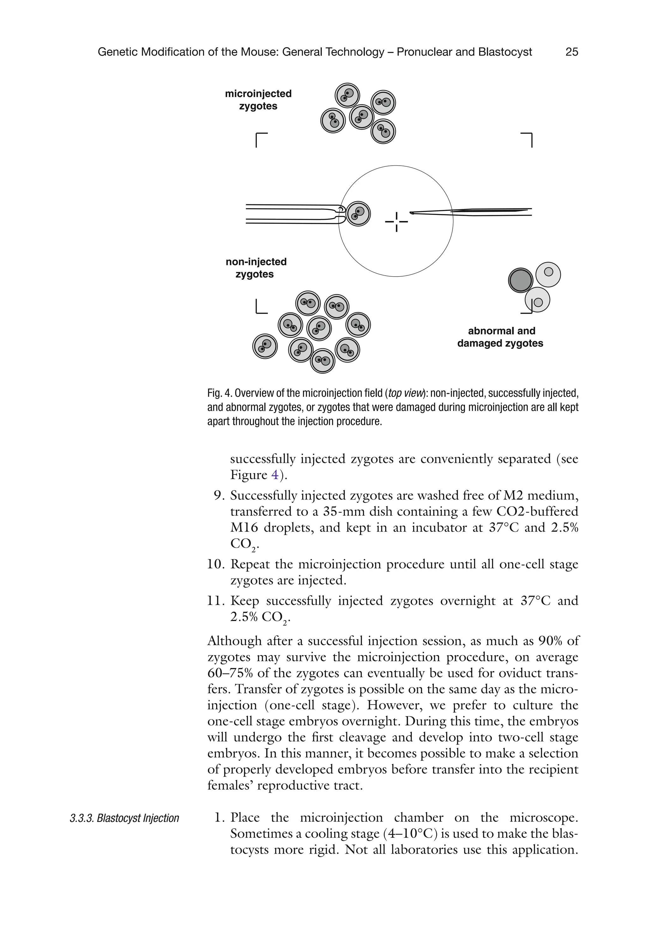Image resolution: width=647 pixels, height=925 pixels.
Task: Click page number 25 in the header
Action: [571, 52]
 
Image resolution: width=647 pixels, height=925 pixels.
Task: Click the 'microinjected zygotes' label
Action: [258, 100]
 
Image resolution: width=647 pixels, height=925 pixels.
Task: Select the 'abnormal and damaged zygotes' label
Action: [500, 337]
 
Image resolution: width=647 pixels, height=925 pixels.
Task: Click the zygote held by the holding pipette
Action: [358, 213]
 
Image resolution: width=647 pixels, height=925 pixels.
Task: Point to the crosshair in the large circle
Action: [396, 222]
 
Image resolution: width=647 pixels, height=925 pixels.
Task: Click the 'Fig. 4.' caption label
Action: [220, 393]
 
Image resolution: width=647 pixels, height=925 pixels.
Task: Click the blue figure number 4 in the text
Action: [275, 475]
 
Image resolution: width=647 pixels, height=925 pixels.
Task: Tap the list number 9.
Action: [219, 496]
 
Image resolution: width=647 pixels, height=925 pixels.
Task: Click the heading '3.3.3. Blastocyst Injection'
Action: [124, 818]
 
